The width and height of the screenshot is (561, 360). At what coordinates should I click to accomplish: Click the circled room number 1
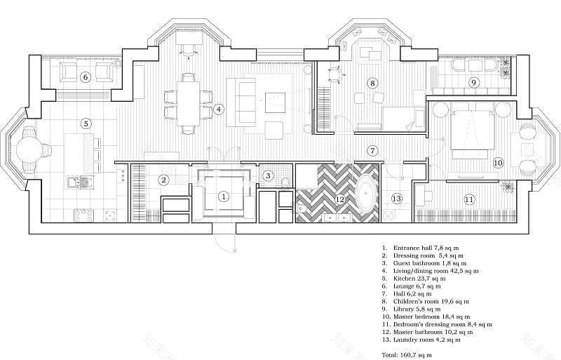[x=223, y=197]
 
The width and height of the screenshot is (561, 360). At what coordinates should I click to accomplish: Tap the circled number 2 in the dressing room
[x=163, y=180]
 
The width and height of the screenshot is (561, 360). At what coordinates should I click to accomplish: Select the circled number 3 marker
[x=267, y=175]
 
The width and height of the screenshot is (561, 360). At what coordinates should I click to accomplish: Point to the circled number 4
[x=219, y=109]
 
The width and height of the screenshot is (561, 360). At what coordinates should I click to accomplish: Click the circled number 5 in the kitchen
[x=86, y=124]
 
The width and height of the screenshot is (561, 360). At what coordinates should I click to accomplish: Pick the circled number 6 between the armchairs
[x=86, y=76]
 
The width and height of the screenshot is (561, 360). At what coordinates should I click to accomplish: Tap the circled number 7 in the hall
[x=373, y=150]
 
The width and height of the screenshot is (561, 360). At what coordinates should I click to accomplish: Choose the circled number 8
[x=372, y=83]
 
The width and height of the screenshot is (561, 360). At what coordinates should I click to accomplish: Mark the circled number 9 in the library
[x=473, y=83]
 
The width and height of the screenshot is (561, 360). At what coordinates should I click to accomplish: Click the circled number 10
[x=498, y=162]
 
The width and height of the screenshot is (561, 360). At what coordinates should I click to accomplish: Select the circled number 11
[x=469, y=199]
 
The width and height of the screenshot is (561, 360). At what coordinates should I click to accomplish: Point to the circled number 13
[x=396, y=199]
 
